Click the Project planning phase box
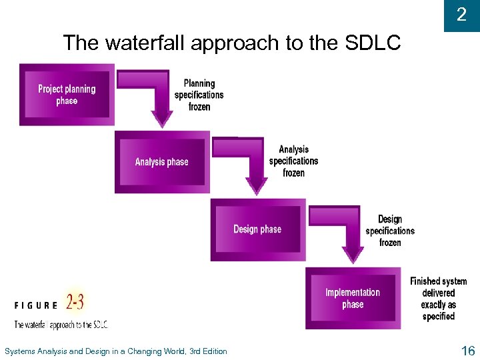tap(67, 94)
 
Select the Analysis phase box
tap(162, 162)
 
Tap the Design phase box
tap(257, 229)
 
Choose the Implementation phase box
tap(353, 298)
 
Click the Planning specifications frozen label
tap(199, 95)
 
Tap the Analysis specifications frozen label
tap(294, 161)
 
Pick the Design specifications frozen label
tap(390, 231)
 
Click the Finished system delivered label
tap(439, 299)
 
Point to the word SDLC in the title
tap(373, 43)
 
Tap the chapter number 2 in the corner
tap(461, 15)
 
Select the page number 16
tap(467, 351)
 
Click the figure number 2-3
tap(75, 302)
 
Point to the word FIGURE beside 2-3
tap(36, 305)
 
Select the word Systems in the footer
tap(20, 351)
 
